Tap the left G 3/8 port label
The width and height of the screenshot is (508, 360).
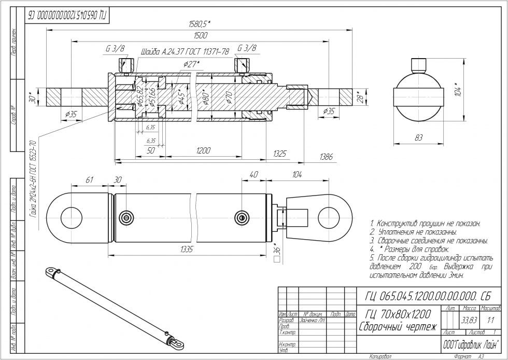click(x=116, y=48)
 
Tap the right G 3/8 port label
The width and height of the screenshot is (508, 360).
click(x=247, y=48)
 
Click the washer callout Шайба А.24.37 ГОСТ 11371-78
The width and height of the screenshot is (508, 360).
click(x=185, y=52)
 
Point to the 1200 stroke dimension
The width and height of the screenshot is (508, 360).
click(x=203, y=150)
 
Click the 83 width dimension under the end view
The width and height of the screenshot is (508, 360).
click(x=418, y=137)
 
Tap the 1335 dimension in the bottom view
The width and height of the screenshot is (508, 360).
click(x=186, y=250)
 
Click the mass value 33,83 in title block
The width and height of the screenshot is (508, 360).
click(x=469, y=320)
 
